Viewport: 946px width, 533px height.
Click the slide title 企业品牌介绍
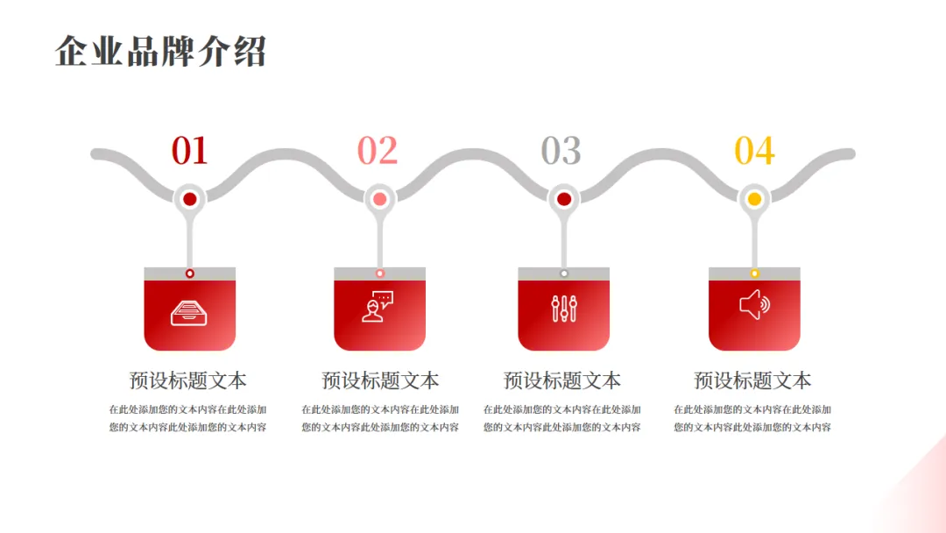[160, 52]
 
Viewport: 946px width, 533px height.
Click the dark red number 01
[189, 151]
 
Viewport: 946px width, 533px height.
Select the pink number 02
[378, 151]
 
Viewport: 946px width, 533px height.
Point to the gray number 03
[561, 151]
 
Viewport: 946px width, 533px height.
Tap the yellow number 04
[754, 151]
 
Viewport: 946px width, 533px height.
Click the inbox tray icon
[189, 311]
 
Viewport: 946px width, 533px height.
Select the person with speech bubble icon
[378, 307]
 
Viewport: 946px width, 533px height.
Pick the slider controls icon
[564, 308]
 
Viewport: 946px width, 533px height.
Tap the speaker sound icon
[754, 306]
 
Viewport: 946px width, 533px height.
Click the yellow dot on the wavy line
[754, 199]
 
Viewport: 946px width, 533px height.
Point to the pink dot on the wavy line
[379, 199]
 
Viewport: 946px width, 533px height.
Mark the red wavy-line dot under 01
[189, 199]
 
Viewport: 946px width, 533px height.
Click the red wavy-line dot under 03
[564, 199]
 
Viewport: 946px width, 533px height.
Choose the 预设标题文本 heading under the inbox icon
[188, 380]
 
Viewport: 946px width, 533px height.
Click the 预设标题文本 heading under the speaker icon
[752, 380]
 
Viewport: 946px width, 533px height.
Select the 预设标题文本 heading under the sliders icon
[562, 380]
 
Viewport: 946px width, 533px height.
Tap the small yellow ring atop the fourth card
[754, 274]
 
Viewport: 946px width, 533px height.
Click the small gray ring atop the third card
[564, 274]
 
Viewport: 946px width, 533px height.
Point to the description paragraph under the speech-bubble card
[380, 418]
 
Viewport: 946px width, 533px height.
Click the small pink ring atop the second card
[379, 274]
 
